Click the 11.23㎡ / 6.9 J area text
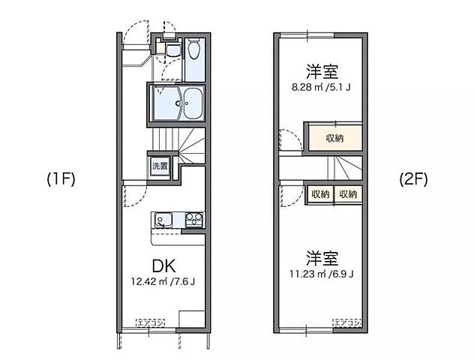(x=322, y=273)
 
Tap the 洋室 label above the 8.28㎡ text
(x=322, y=72)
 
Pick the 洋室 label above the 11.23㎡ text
(x=322, y=257)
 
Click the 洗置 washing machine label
(x=160, y=165)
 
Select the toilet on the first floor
(x=193, y=51)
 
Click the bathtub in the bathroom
(x=193, y=102)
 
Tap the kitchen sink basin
(x=164, y=220)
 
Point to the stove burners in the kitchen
(x=193, y=220)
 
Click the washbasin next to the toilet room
(x=172, y=51)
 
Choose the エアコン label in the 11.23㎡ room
(x=348, y=322)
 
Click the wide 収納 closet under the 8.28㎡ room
(x=333, y=138)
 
